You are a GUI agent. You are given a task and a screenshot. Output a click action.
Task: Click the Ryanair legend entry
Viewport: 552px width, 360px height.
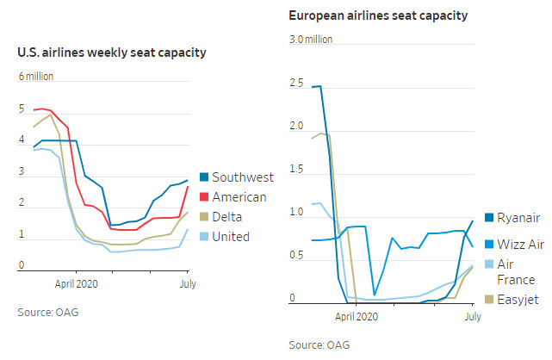[517, 219]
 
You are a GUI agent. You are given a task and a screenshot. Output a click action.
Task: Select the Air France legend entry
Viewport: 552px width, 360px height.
[517, 272]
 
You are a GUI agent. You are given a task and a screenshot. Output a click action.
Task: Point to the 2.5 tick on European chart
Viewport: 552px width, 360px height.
[297, 84]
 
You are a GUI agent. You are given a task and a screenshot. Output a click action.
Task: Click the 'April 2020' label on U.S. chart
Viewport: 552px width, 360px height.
[77, 282]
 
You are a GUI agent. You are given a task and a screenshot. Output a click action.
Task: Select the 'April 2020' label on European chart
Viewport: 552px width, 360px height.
[356, 317]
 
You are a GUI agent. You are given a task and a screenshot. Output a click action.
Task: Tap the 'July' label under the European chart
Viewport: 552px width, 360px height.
[471, 317]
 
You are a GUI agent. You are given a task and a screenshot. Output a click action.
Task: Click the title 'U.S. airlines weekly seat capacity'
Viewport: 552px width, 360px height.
[111, 53]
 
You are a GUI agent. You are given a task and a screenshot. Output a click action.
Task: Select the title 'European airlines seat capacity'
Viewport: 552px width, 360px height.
[380, 16]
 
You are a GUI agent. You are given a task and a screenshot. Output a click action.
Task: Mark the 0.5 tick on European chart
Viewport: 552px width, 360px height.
[297, 256]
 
